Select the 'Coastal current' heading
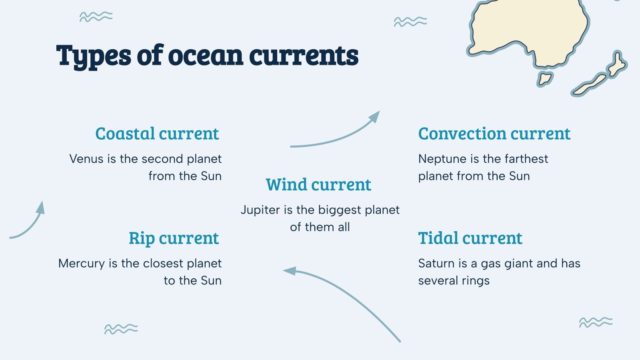click(x=157, y=134)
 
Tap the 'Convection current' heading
click(x=494, y=134)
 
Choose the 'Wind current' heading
click(x=318, y=185)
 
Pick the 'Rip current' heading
click(x=174, y=238)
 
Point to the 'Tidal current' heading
click(x=470, y=238)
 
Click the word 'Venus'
click(x=86, y=159)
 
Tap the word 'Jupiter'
click(x=260, y=210)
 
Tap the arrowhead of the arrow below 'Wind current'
click(x=290, y=271)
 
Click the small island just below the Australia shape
click(x=545, y=78)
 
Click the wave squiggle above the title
click(x=96, y=17)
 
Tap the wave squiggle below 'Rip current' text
click(x=121, y=329)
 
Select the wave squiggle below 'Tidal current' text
click(x=596, y=322)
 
